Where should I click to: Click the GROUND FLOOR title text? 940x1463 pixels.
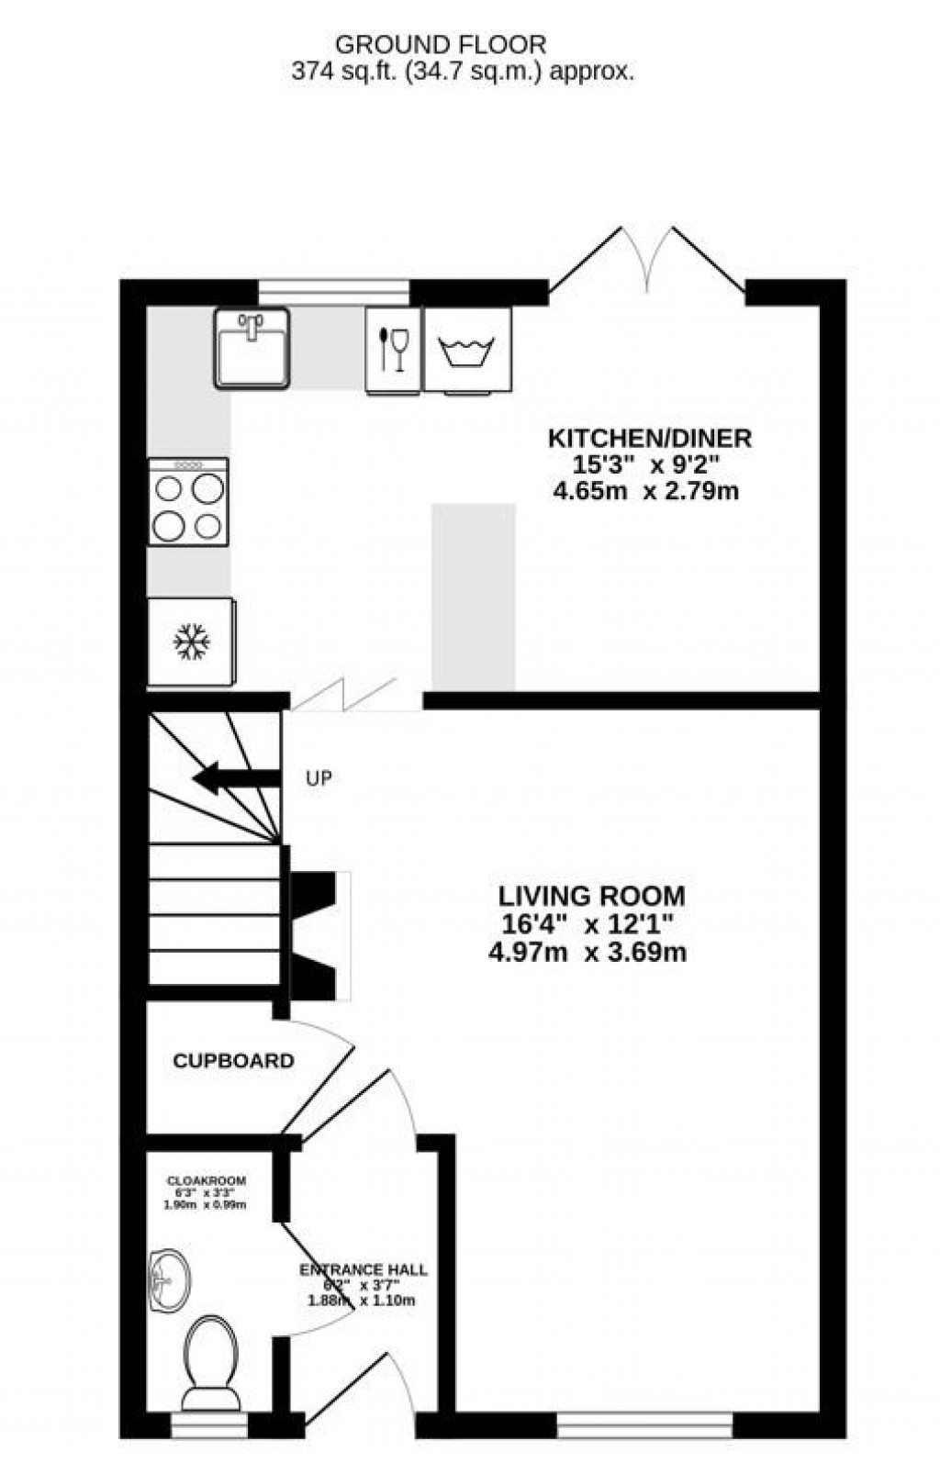coord(441,44)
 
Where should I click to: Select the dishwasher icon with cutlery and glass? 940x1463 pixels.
coord(393,350)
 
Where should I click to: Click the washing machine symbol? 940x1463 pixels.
coord(467,350)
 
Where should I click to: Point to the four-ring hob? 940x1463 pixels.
coord(188,502)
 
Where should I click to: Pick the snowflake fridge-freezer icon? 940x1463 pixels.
coord(192,642)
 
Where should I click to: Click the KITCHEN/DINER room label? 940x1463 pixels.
coord(650,438)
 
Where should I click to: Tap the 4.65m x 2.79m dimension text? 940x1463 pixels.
coord(645,491)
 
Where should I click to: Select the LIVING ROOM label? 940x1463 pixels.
coord(591,896)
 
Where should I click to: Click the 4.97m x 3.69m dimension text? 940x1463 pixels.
coord(587,952)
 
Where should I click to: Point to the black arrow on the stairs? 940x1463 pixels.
coord(233,779)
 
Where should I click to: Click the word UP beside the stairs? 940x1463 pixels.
coord(318,778)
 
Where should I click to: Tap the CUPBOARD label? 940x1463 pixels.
coord(233,1061)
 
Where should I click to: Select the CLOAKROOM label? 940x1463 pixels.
coord(206,1180)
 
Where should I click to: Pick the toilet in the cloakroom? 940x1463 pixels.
coord(210,1359)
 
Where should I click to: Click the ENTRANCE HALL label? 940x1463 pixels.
coord(363,1270)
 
